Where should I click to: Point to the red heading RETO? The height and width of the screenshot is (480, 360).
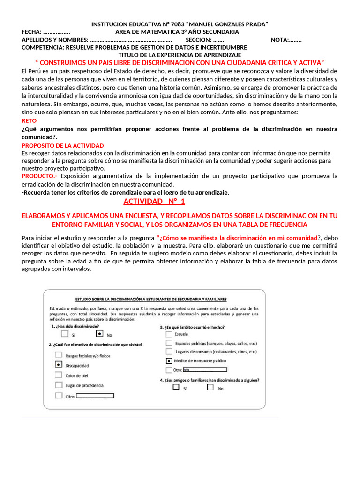click(x=29, y=120)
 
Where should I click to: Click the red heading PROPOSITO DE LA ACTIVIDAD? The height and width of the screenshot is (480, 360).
click(x=63, y=146)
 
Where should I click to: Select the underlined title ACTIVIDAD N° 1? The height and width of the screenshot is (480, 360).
click(x=154, y=202)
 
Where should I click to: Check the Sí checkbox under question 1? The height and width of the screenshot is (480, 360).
click(x=65, y=334)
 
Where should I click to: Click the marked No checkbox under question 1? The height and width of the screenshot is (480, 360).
click(x=99, y=334)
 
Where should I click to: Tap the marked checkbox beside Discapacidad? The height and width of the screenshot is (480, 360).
click(x=59, y=364)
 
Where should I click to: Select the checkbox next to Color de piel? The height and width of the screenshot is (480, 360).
click(x=59, y=375)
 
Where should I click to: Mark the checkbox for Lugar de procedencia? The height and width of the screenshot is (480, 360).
click(x=59, y=385)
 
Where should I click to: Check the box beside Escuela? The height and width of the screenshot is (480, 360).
click(x=168, y=334)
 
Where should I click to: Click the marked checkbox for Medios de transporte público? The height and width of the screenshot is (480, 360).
click(x=168, y=360)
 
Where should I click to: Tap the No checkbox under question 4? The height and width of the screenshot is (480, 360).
click(x=210, y=388)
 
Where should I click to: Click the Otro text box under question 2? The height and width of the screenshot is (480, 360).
click(x=95, y=396)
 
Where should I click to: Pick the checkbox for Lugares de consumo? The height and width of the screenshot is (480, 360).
click(x=168, y=351)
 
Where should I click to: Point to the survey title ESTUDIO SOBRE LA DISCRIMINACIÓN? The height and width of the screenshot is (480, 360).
click(x=151, y=299)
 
